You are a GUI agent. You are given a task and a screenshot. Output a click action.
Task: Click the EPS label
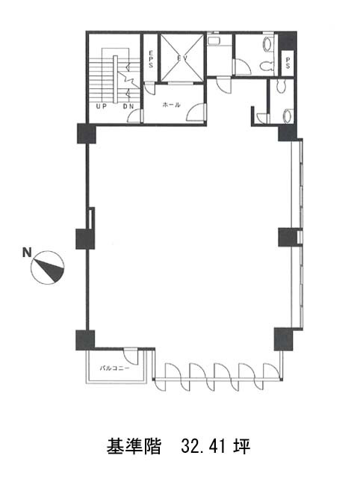point(151,59)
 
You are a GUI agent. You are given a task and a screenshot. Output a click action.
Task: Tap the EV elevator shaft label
point(182,58)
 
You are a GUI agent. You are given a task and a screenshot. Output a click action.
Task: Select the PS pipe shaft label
point(288,63)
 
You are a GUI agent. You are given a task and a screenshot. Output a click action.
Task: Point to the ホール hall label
point(172,105)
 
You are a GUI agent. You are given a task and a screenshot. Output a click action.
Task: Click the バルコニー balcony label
point(114,368)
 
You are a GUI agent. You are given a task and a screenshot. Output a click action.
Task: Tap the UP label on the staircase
point(101,107)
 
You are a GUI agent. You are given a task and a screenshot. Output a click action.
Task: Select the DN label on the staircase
point(128,107)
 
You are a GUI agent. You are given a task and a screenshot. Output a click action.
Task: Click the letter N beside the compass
point(27,253)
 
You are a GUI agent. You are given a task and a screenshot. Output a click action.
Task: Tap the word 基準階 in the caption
point(134,447)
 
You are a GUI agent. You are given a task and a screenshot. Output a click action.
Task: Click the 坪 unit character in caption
point(243,447)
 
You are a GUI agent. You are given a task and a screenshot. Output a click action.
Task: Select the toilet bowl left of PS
point(266,66)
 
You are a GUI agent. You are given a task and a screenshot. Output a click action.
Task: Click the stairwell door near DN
point(134,116)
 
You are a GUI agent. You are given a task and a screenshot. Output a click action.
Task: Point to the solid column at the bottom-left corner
point(85,340)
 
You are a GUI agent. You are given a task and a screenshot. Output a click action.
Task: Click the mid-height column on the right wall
point(288,238)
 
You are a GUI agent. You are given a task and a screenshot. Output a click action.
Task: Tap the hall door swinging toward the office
point(196,112)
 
